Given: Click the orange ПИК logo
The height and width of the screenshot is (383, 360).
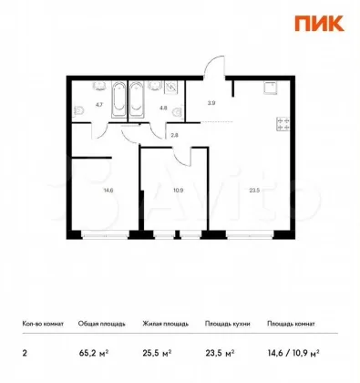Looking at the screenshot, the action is point(319,24).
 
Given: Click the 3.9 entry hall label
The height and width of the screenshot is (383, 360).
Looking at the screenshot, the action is point(211,103).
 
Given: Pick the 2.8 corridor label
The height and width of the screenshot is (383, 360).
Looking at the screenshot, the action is point(174,136).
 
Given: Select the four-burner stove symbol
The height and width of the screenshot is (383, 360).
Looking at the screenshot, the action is point(283,124).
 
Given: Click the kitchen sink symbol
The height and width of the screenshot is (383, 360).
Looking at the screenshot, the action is point(272,88).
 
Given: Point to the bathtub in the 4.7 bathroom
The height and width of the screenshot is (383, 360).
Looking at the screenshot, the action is point(118,99).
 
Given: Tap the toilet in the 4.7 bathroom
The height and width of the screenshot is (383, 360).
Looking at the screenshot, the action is point(79,110).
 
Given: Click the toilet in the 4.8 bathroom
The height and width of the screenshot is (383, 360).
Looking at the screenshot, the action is point(178,111).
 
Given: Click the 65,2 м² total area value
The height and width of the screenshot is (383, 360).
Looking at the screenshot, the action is point(94,353).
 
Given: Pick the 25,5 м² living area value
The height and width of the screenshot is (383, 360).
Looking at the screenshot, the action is point(157,353).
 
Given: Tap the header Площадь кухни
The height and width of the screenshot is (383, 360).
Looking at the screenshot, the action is point(228,324).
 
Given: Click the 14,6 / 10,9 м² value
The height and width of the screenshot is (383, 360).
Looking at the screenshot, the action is point(293,353).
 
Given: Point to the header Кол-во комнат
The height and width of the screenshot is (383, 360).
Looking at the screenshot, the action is point(43,324).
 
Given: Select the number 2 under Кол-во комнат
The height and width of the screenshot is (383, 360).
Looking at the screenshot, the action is point(25,354).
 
